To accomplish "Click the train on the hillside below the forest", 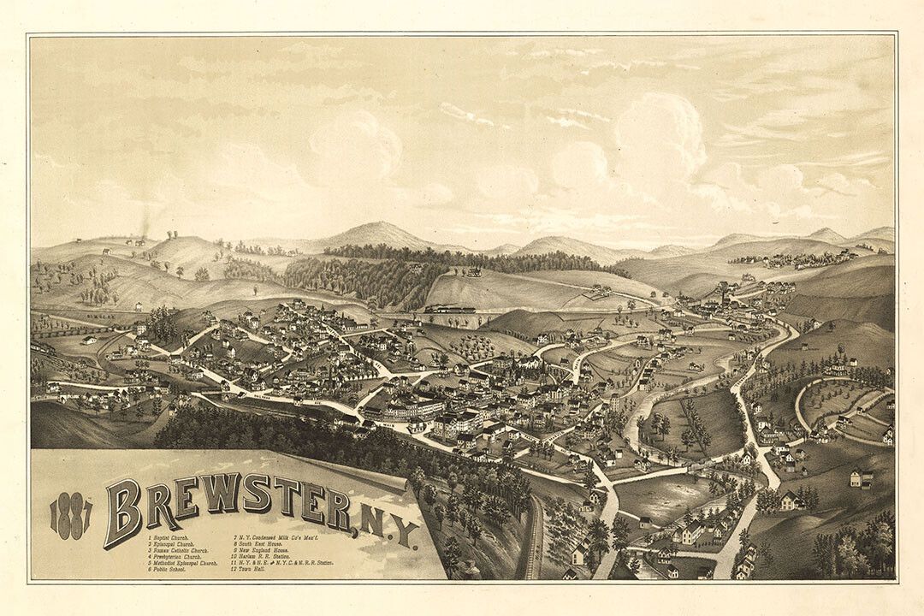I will tap(449, 309).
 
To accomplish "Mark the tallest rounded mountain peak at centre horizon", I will tap(376, 229).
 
